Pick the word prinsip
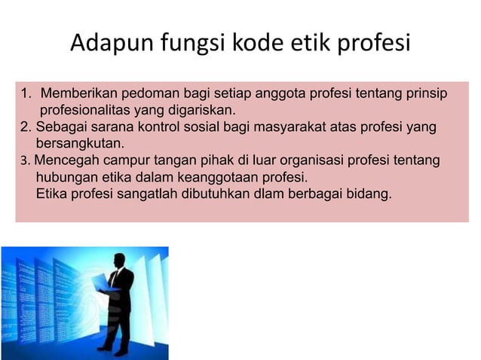pos(424,95)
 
